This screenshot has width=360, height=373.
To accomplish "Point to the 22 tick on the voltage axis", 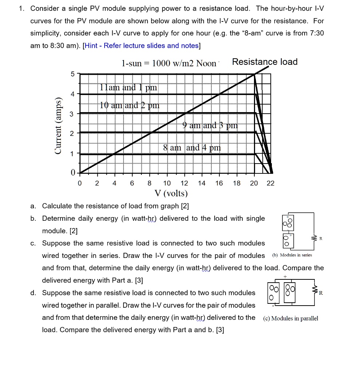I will pos(270,184).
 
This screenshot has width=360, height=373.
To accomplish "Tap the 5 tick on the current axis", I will pos(73,74).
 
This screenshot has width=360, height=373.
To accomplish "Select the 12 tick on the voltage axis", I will pos(184,184).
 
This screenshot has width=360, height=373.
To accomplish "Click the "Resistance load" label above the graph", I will pos(265,62).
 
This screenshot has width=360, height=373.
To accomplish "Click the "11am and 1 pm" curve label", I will pos(128,88).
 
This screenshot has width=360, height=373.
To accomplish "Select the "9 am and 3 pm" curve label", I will pos(210,126).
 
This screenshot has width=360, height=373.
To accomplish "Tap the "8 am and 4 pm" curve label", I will pos(192,148).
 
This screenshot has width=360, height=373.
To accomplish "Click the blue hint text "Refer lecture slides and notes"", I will pos(151,46).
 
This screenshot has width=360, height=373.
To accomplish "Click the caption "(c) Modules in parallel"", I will pos(290,318).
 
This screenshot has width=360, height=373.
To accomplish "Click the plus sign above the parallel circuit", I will pos(291,277).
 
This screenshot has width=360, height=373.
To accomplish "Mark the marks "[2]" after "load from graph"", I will pos(185,206).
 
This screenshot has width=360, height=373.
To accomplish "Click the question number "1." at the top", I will pos(22,8).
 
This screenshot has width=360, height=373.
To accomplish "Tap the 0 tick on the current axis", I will pos(73,172).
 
